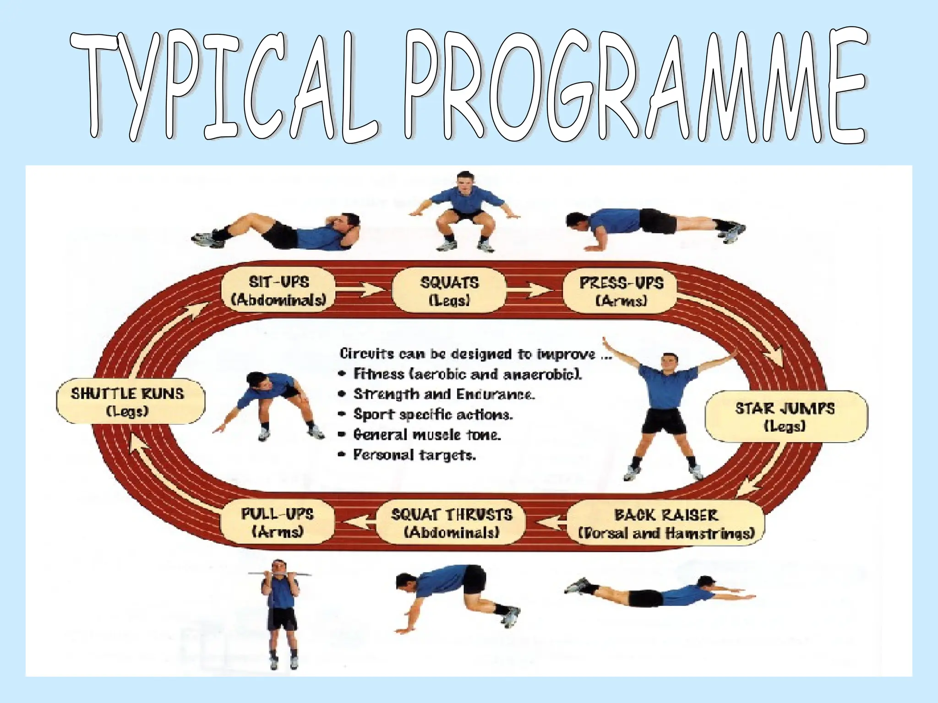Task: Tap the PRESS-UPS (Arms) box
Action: [x=621, y=291]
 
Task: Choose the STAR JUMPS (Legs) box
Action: [x=785, y=416]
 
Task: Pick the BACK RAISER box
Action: [x=665, y=523]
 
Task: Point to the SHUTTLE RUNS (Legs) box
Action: [x=129, y=401]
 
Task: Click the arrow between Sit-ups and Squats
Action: [x=362, y=289]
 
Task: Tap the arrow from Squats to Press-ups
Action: [x=534, y=290]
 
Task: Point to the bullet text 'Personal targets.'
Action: [x=414, y=455]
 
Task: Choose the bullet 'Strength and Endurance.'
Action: [x=443, y=395]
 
